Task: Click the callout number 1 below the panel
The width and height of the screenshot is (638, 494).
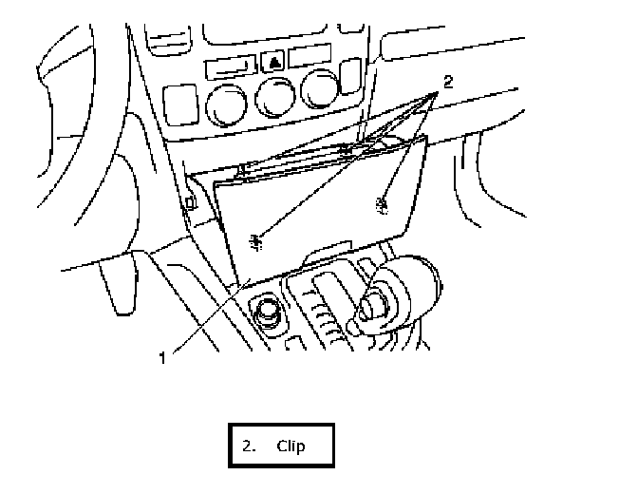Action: click(162, 358)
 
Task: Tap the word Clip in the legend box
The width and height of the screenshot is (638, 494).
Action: click(291, 446)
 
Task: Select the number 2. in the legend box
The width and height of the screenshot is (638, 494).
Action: click(250, 446)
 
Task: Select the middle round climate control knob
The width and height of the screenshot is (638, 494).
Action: click(275, 98)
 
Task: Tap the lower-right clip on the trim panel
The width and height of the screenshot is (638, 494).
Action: click(383, 202)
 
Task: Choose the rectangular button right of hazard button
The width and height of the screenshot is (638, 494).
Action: click(310, 57)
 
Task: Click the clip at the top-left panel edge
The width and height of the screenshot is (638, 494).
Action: click(243, 170)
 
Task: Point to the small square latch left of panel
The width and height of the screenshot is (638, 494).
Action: click(191, 201)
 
